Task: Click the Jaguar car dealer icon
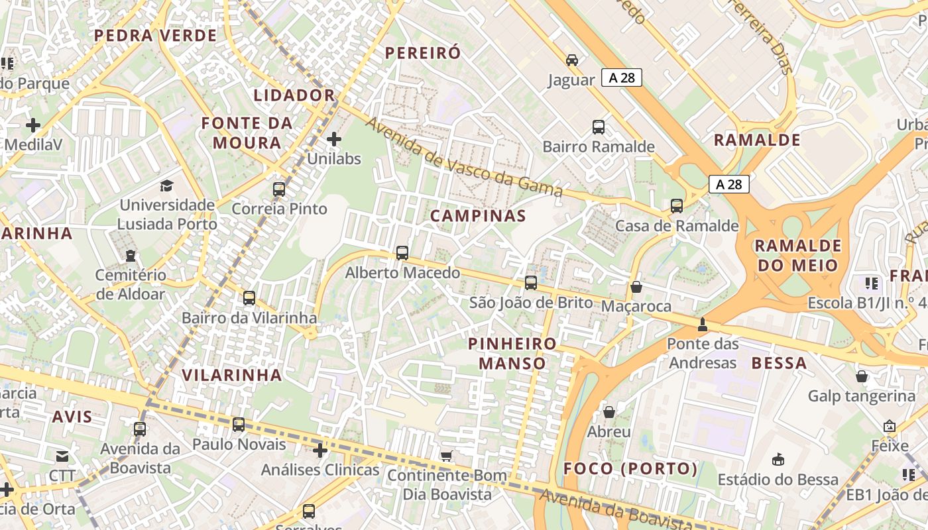[572, 60]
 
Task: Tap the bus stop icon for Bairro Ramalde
[599, 127]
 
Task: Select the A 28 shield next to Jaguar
[622, 78]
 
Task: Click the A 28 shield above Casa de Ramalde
[729, 184]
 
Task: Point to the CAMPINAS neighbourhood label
[478, 215]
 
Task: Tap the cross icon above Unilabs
[334, 139]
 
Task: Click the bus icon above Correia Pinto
[279, 189]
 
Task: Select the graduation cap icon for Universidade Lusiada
[166, 185]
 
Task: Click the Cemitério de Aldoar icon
[131, 255]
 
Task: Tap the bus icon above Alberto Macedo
[402, 252]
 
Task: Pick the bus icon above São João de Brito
[531, 283]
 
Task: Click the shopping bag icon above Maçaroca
[636, 287]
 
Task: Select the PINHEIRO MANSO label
[512, 353]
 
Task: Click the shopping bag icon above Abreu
[609, 412]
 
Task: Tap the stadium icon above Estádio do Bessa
[778, 459]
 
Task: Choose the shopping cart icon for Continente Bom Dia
[447, 455]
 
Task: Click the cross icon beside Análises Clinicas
[320, 450]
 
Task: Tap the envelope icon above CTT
[62, 456]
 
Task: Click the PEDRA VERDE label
[156, 36]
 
